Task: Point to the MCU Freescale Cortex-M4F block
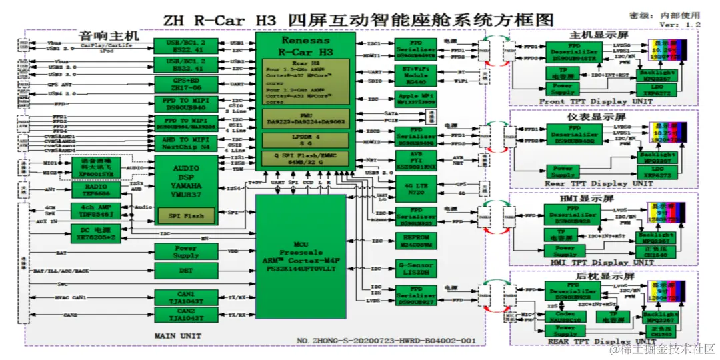click(x=301, y=257)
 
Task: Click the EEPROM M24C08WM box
click(x=416, y=241)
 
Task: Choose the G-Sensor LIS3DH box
click(x=416, y=269)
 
